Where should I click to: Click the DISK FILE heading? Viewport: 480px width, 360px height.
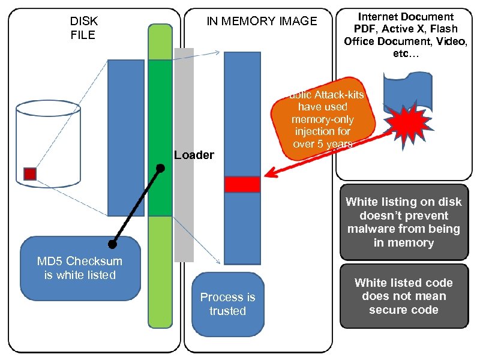(x=83, y=28)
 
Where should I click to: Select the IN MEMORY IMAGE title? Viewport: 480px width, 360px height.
(x=262, y=22)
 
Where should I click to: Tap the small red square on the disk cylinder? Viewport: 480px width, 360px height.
(x=30, y=174)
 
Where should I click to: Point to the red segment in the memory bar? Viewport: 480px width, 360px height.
(x=242, y=184)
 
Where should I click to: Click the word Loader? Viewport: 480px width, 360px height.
(x=194, y=155)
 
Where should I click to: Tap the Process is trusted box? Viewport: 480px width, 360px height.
(x=228, y=304)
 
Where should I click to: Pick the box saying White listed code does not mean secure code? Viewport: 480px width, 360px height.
(x=404, y=296)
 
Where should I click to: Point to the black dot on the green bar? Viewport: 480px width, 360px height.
(x=160, y=168)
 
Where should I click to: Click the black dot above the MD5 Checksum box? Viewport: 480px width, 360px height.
(x=112, y=244)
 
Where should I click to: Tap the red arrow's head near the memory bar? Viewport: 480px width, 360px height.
(x=269, y=176)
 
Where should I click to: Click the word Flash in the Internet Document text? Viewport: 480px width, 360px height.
(x=444, y=29)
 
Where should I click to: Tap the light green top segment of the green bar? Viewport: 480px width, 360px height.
(x=160, y=42)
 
